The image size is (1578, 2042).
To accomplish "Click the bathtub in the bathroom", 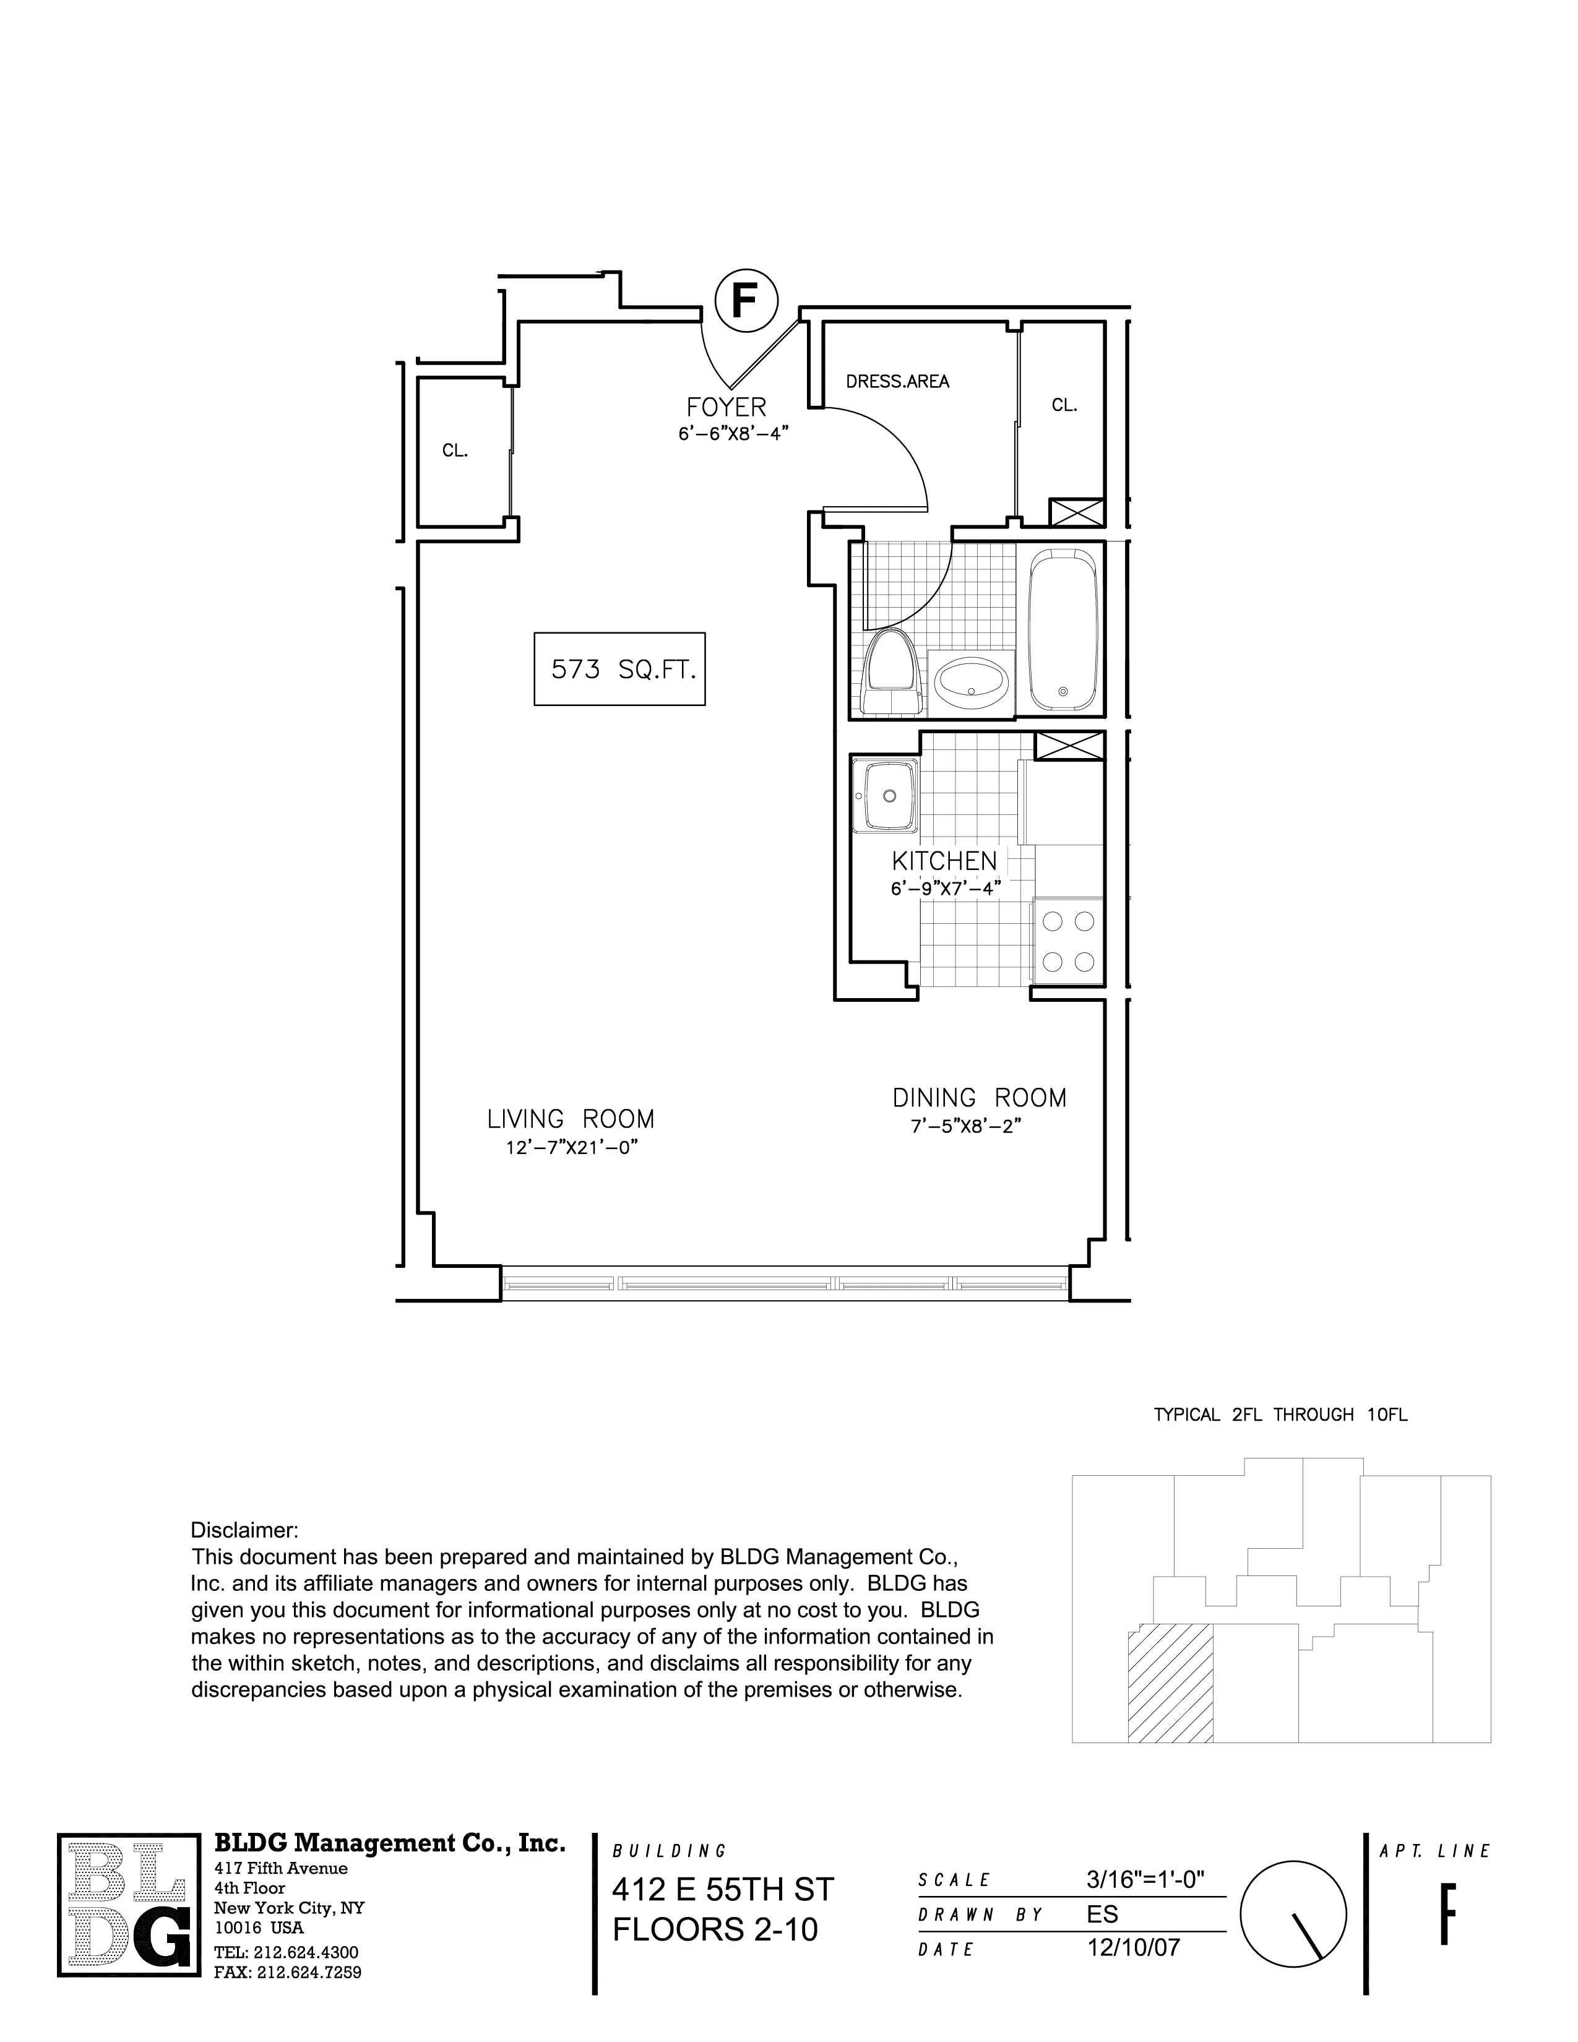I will point(1063,631).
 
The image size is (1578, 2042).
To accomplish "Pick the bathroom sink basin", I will point(972,682).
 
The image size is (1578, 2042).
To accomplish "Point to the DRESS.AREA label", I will point(897,381).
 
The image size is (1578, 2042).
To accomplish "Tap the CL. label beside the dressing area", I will point(1064,405).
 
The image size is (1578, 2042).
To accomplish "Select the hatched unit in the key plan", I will point(1170,1683).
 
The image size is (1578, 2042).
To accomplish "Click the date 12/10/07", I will point(1133,1947).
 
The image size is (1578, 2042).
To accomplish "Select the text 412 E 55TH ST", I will point(722,1890).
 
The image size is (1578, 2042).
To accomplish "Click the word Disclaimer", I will point(244,1530).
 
